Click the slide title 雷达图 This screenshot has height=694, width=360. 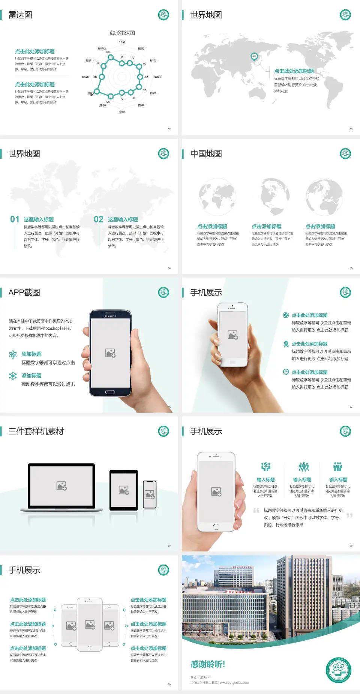(x=20, y=15)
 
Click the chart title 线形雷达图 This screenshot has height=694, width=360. (x=122, y=33)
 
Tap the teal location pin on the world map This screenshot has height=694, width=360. (x=254, y=57)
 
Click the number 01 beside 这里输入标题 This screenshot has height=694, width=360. (x=15, y=219)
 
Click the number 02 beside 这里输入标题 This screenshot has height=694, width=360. (x=99, y=219)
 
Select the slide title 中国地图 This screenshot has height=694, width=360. (x=206, y=154)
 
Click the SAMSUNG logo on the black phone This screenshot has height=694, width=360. (x=110, y=316)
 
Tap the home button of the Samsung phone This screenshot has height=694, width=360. (x=110, y=392)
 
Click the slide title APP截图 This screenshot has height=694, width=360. (x=24, y=293)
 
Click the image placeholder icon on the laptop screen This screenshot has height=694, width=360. (x=61, y=486)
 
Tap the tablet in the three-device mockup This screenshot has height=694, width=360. (x=124, y=490)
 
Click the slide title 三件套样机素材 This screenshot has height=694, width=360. (x=36, y=431)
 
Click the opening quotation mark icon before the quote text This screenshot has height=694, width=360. (x=256, y=511)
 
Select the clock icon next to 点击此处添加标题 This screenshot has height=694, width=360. (x=286, y=372)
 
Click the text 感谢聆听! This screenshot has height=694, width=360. (x=208, y=664)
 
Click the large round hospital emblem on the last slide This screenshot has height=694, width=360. (x=338, y=670)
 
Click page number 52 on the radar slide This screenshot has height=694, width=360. (x=169, y=129)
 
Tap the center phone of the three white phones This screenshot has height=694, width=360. (x=90, y=625)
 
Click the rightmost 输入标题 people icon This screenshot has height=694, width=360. (x=338, y=467)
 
